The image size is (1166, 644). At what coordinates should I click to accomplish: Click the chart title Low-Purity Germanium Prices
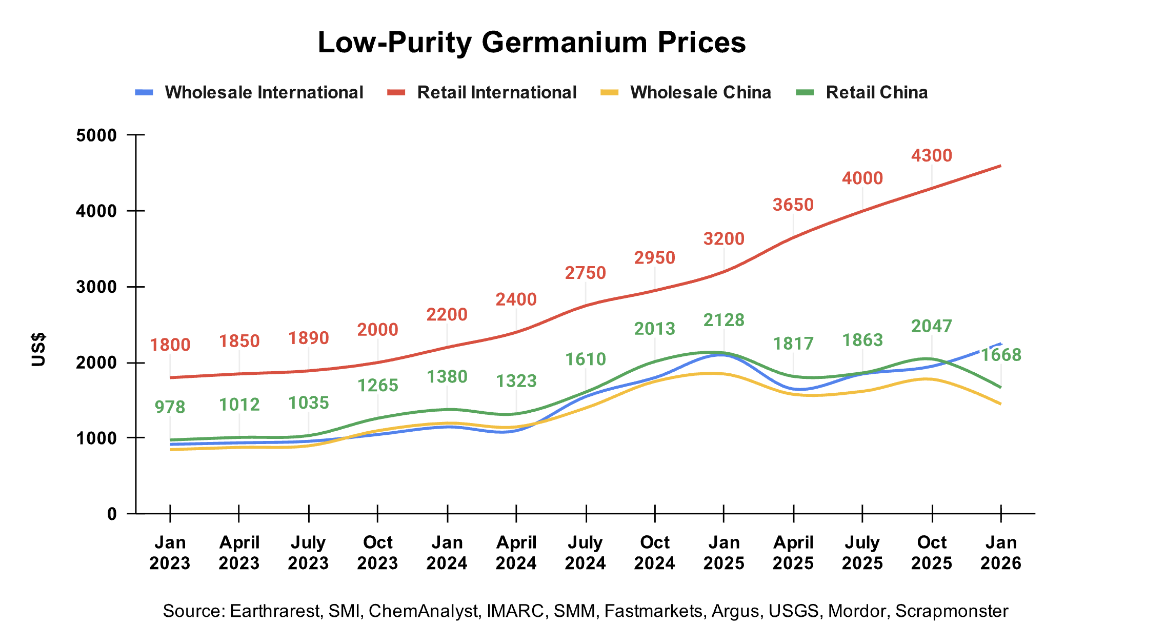pyautogui.click(x=532, y=42)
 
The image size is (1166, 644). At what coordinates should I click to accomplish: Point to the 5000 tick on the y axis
pyautogui.click(x=96, y=135)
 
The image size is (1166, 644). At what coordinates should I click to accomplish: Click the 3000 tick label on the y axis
pyautogui.click(x=96, y=287)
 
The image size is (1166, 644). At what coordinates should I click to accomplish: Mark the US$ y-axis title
pyautogui.click(x=38, y=349)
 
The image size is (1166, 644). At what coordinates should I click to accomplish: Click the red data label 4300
pyautogui.click(x=931, y=155)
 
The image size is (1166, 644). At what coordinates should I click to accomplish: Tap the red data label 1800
pyautogui.click(x=170, y=345)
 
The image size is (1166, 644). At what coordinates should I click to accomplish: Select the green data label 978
pyautogui.click(x=170, y=407)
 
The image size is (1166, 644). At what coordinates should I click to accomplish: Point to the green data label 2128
pyautogui.click(x=723, y=320)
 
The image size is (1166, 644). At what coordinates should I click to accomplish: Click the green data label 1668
pyautogui.click(x=1001, y=355)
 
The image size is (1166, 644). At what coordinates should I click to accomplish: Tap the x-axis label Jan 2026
pyautogui.click(x=1000, y=553)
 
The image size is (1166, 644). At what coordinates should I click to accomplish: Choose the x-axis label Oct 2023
pyautogui.click(x=377, y=553)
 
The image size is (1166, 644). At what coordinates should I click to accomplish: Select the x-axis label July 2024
pyautogui.click(x=585, y=553)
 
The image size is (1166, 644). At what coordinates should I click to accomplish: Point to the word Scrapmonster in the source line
pyautogui.click(x=952, y=611)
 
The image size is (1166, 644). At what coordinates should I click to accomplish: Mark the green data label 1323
pyautogui.click(x=516, y=381)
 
